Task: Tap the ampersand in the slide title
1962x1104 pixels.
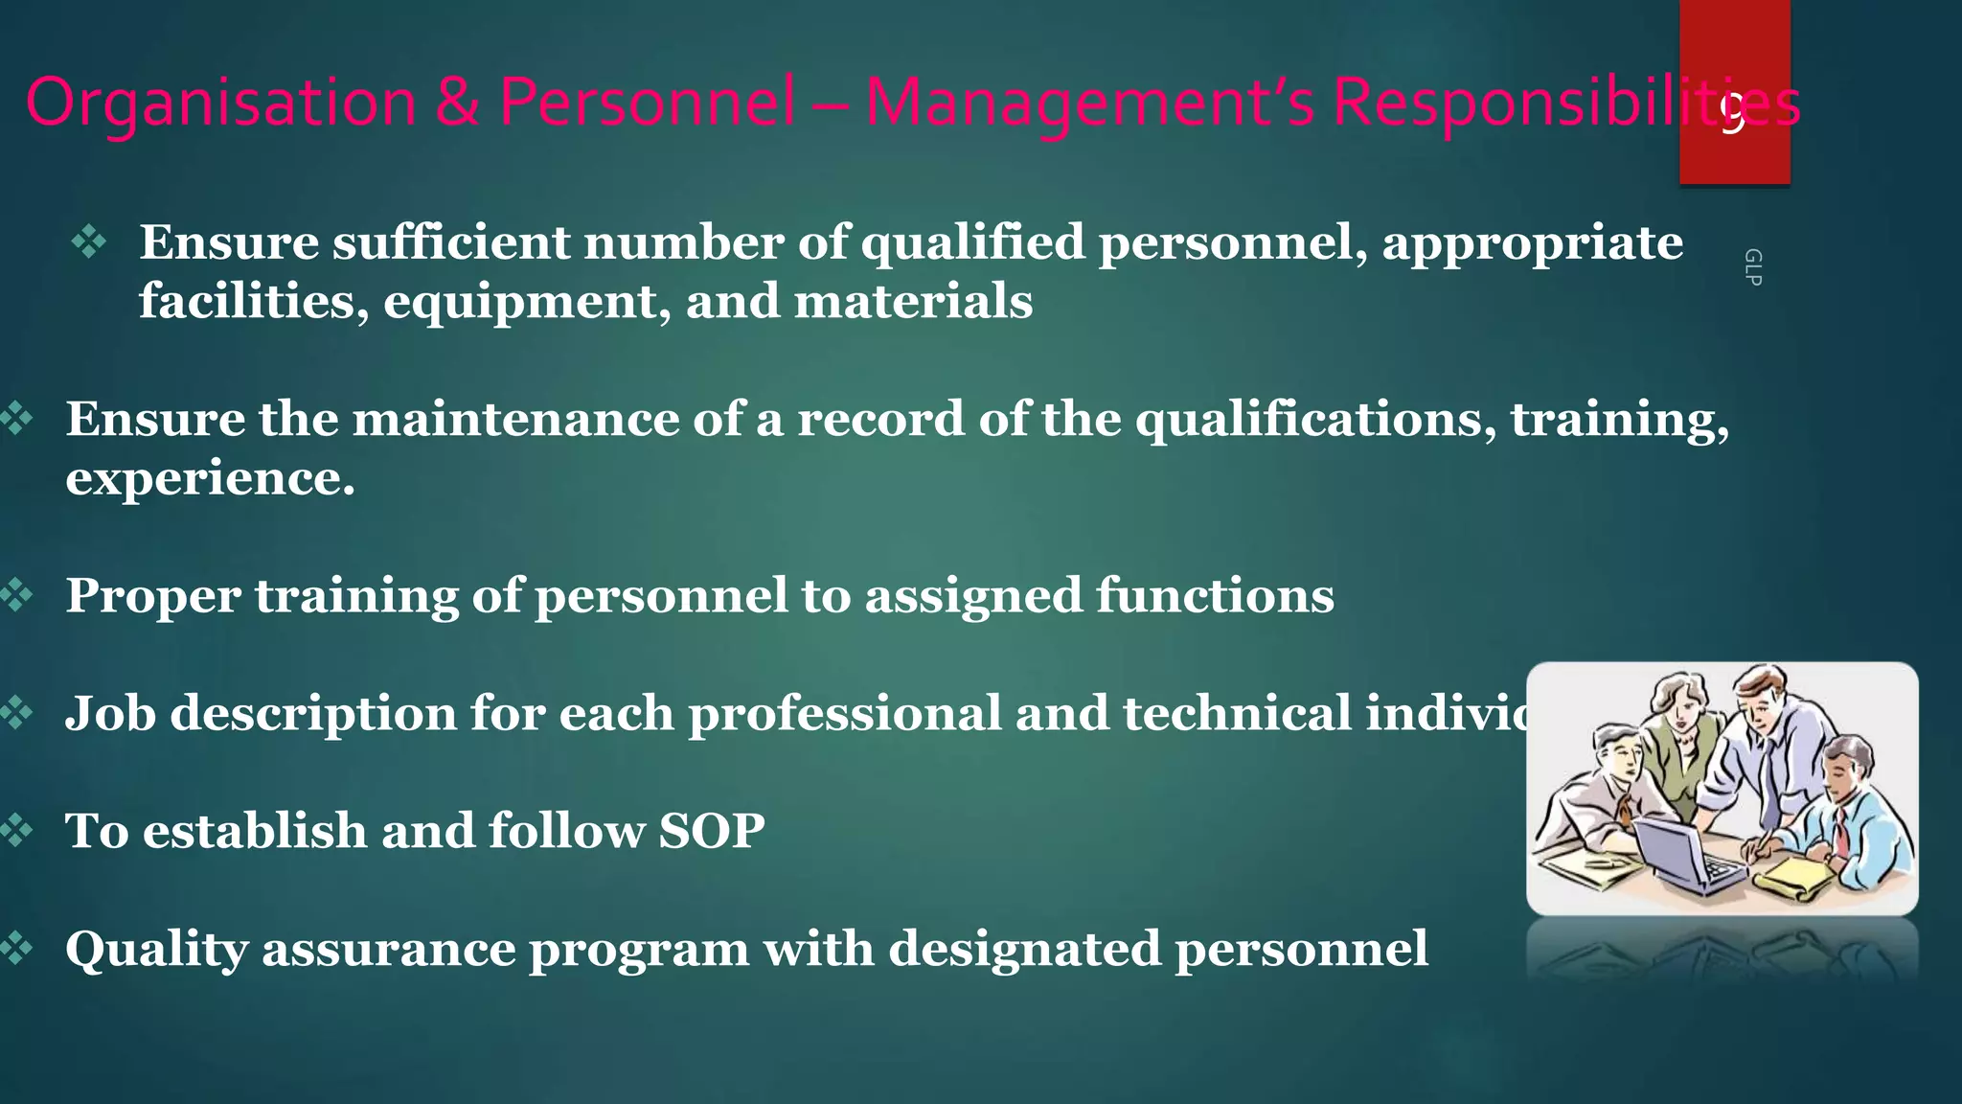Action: click(x=457, y=102)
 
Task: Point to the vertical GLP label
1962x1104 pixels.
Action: click(x=1752, y=266)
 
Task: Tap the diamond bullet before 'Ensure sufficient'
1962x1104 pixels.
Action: click(x=89, y=241)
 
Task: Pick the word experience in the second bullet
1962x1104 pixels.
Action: click(x=210, y=478)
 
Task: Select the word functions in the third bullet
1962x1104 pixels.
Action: click(x=1215, y=595)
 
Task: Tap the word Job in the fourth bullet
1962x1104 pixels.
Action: click(x=110, y=713)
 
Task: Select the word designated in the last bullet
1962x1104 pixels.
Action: click(x=1024, y=949)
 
